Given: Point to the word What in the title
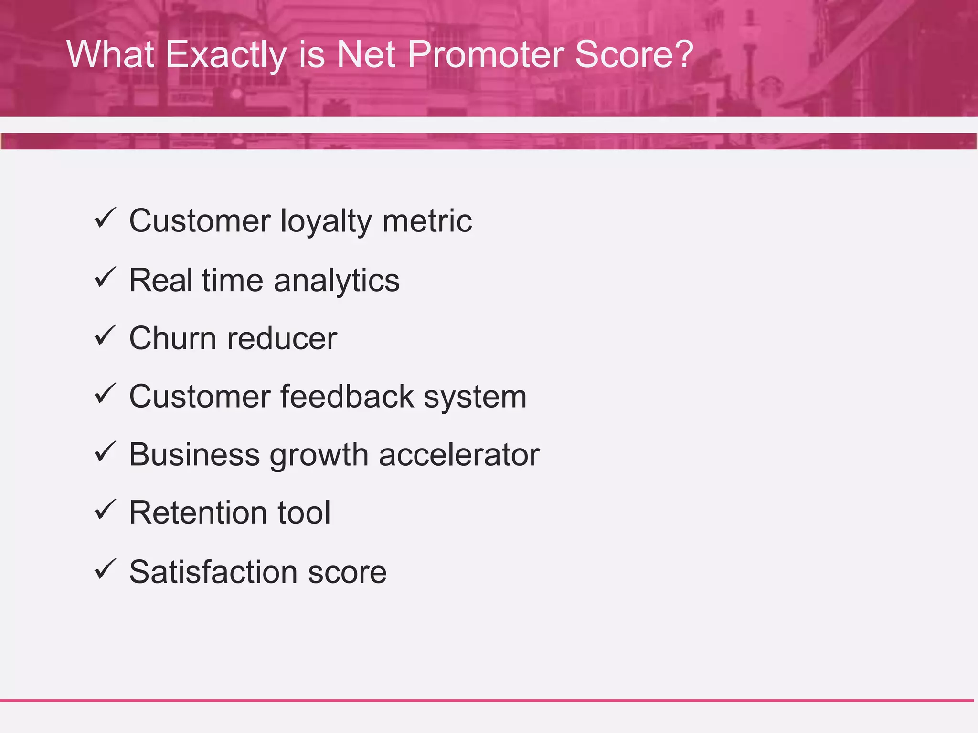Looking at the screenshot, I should (110, 54).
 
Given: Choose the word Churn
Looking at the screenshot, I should (173, 338).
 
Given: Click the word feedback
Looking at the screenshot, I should (347, 397).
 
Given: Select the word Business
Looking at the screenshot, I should (194, 455).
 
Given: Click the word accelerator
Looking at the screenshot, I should (459, 455).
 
